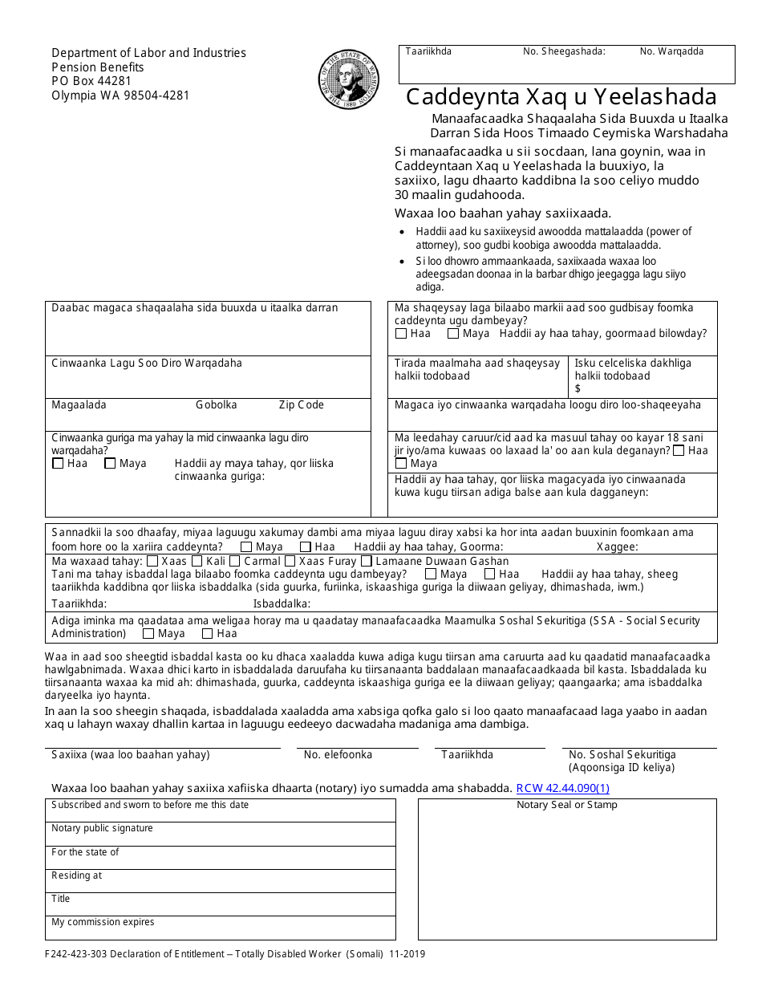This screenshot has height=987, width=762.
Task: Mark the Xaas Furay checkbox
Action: pos(290,562)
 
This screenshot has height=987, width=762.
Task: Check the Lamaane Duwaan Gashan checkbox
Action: pos(367,562)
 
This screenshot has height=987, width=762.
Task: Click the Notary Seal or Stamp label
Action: pos(566,805)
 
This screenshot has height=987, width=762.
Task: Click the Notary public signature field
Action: pos(220,834)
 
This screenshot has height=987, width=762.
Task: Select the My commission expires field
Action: pos(220,928)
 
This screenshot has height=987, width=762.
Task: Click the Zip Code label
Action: pos(301,405)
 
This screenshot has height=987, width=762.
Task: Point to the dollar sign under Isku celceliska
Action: pos(578,388)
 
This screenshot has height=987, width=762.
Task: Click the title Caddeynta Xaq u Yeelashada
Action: pos(561,97)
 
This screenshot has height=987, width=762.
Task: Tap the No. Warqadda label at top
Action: pos(671,51)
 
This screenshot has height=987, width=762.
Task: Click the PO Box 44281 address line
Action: pos(91,81)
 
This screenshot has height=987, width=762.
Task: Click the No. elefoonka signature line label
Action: pos(338,754)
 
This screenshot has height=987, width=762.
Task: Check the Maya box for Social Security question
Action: pos(148,634)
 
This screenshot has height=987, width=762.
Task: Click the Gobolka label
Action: pos(216,405)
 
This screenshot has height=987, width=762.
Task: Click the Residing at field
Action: pos(220,880)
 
